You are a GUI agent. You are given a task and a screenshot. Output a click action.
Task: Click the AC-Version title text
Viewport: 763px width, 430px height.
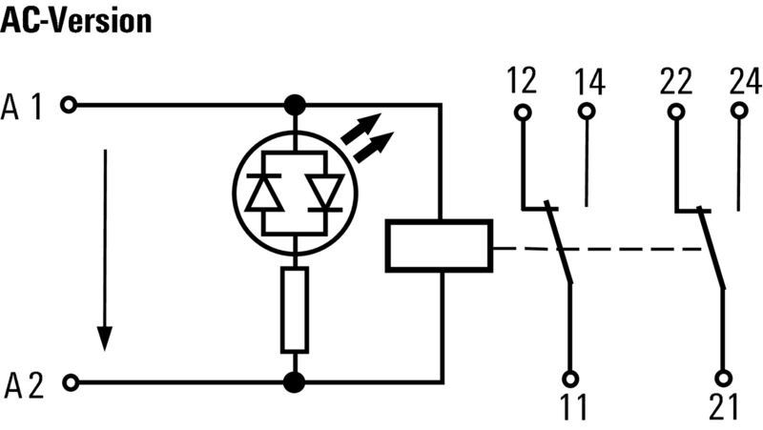(x=76, y=21)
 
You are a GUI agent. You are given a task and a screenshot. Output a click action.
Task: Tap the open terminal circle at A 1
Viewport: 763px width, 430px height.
(x=69, y=105)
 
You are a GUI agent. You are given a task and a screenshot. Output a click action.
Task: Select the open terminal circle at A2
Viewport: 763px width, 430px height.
(x=71, y=383)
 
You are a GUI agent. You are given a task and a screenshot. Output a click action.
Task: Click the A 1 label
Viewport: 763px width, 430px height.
(x=22, y=107)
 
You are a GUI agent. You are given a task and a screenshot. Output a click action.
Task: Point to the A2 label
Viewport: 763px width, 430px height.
(x=25, y=386)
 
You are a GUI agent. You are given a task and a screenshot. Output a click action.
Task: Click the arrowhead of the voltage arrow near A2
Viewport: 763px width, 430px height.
(x=105, y=338)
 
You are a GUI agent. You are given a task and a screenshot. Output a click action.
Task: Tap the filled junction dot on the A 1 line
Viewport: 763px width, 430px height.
(x=295, y=105)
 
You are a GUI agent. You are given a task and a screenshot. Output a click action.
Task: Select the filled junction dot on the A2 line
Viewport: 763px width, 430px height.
(x=295, y=382)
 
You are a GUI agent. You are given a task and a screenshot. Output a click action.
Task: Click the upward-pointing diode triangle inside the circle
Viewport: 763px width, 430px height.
(x=264, y=194)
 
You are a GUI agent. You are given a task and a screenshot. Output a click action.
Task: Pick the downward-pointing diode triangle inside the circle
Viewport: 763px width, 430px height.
(x=325, y=194)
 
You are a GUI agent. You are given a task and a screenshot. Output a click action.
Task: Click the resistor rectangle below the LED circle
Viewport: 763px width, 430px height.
(x=295, y=310)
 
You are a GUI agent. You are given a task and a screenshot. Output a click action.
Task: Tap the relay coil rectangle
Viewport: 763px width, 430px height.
(x=439, y=246)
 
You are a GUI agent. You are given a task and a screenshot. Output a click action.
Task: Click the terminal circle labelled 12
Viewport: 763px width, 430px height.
(x=523, y=113)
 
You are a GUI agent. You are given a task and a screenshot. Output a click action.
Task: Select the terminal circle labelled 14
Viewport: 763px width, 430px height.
(x=587, y=112)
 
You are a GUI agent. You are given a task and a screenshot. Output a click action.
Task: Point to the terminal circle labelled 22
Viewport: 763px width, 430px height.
(x=676, y=113)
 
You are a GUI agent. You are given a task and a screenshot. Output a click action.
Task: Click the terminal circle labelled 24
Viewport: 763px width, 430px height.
(x=740, y=111)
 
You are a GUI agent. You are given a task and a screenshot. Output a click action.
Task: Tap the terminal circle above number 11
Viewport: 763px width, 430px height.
(x=570, y=379)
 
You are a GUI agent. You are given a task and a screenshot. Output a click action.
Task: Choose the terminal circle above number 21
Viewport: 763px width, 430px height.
(x=724, y=378)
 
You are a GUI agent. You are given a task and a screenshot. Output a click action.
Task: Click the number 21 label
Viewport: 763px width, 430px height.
(x=724, y=407)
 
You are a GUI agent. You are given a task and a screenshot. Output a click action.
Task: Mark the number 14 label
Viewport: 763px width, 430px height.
(x=589, y=82)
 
